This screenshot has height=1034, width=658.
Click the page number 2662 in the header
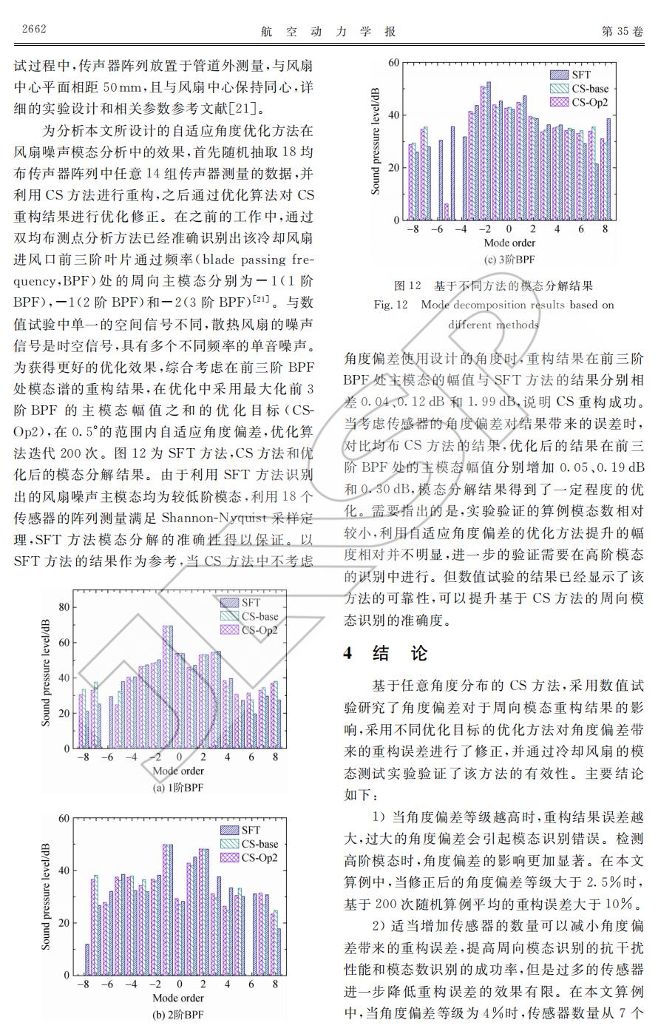coord(34,30)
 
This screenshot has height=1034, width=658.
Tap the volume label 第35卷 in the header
coord(623,31)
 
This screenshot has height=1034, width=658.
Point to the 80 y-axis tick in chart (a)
coord(64,607)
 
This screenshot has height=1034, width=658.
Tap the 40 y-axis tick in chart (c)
coord(393,115)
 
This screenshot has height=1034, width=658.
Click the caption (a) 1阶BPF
coord(177,788)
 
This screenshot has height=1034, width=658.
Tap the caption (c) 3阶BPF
coord(509,260)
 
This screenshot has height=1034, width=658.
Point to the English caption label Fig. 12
coord(390,305)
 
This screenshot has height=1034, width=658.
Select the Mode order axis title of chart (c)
coord(509,243)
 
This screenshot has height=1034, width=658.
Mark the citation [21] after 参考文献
coord(243,110)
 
